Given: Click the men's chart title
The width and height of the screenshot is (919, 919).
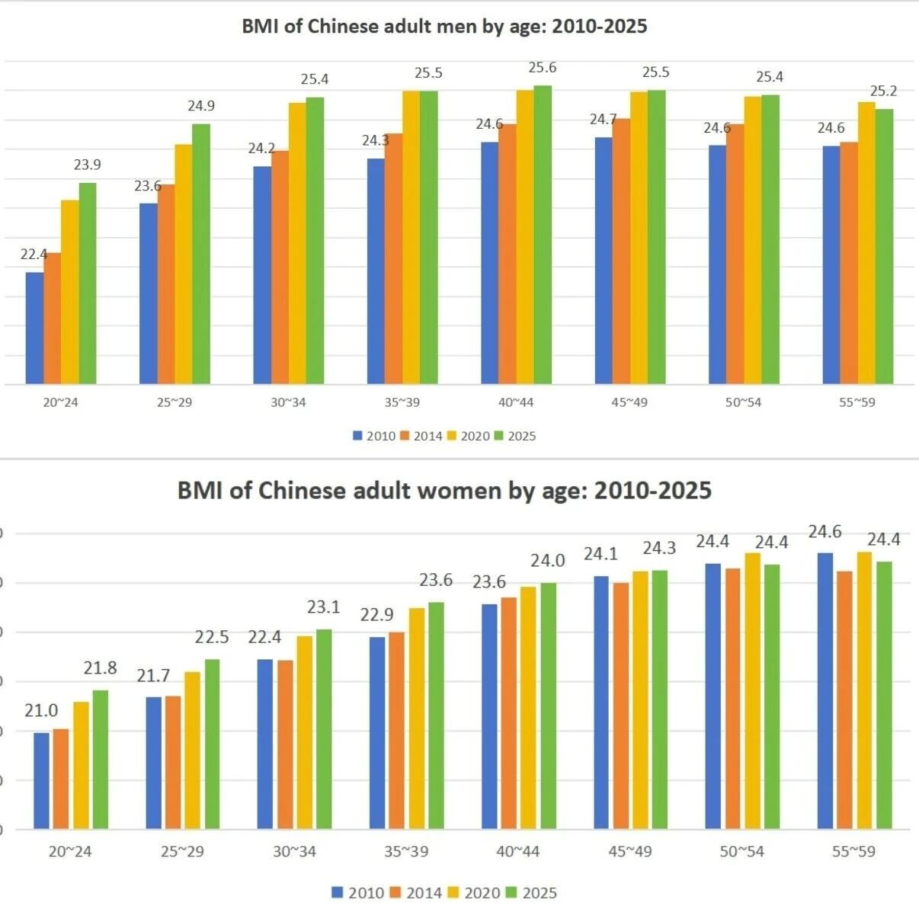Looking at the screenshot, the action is [444, 26].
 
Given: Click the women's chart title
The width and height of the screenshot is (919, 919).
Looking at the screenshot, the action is [444, 491].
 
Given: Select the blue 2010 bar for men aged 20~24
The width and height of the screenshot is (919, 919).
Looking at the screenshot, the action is [34, 328].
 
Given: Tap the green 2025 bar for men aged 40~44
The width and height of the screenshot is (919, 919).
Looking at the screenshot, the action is [543, 235].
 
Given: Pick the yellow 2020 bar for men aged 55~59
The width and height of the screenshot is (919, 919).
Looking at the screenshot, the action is [867, 243].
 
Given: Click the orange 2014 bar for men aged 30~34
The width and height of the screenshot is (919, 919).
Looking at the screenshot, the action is [280, 267].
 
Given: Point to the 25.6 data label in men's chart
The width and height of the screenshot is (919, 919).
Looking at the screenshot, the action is [543, 68].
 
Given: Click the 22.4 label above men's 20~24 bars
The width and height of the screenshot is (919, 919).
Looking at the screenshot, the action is [34, 255].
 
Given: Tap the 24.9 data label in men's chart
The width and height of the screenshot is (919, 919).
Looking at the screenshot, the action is [200, 106].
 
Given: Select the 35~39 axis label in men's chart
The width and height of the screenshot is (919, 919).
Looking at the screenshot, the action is [402, 402].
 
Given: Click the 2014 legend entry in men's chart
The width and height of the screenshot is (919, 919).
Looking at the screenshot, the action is [423, 436].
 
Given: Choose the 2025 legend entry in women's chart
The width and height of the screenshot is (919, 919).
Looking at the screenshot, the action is [531, 893].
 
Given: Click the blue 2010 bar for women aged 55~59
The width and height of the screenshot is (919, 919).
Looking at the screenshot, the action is [825, 690].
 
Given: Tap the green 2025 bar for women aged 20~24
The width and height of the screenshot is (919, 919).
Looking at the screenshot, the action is [101, 759].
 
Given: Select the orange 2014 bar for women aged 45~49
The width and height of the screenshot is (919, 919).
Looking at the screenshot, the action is [621, 706].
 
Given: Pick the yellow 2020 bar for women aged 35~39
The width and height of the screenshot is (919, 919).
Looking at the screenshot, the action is [417, 719].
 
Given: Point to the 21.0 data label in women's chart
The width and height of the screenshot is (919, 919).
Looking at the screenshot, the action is [41, 711].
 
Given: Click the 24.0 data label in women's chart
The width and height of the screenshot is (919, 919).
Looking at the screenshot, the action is [548, 561].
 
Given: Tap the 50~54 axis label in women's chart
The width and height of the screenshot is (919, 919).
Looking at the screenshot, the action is [742, 852].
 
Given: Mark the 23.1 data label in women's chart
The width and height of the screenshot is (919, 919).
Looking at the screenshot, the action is [323, 607].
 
